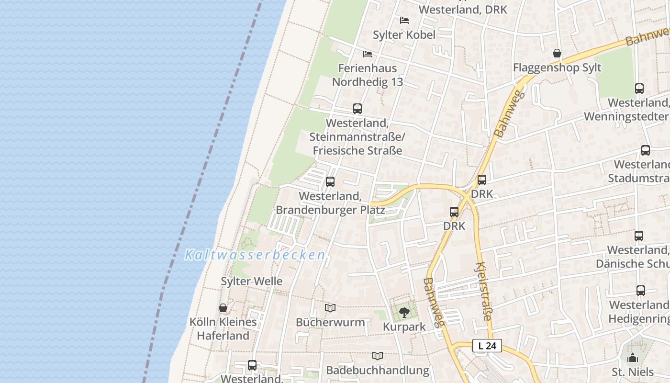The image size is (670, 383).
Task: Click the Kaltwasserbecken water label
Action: click(x=255, y=255)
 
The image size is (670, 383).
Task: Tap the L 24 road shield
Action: click(x=487, y=346)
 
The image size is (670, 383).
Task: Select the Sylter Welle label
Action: click(x=252, y=281)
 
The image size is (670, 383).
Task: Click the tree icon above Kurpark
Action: click(x=404, y=313)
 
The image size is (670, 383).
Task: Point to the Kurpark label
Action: click(x=404, y=327)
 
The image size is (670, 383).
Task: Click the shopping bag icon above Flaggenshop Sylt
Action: click(x=557, y=53)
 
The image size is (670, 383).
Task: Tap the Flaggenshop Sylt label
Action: click(x=557, y=68)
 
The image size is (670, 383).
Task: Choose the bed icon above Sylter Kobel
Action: click(x=404, y=21)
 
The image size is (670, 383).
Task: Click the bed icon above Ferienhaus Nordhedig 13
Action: click(x=368, y=54)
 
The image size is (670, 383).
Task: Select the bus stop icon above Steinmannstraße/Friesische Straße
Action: click(x=357, y=109)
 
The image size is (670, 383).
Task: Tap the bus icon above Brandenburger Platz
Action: click(x=330, y=182)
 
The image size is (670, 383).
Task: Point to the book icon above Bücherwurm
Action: click(x=330, y=308)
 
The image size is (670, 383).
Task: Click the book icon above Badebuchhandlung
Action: click(x=378, y=356)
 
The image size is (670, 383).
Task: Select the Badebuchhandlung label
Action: click(x=378, y=370)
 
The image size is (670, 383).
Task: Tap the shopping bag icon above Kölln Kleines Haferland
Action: click(x=223, y=308)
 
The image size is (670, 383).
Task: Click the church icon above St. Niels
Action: click(x=633, y=358)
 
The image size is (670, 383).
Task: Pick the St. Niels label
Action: click(x=633, y=372)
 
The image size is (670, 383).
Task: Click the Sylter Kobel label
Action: click(x=404, y=34)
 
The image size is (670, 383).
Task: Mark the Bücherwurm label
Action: click(x=330, y=322)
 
